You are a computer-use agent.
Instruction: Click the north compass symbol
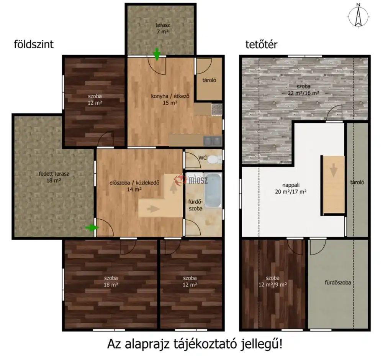pyautogui.click(x=358, y=16)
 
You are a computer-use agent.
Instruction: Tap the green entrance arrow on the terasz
pyautogui.click(x=157, y=54)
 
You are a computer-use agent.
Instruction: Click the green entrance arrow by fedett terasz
pyautogui.click(x=92, y=228)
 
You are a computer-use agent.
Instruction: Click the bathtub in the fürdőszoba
pyautogui.click(x=213, y=191)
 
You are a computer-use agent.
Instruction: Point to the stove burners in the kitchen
pyautogui.click(x=217, y=109)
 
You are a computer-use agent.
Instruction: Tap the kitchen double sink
pyautogui.click(x=213, y=141)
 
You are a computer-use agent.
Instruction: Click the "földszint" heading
pyautogui.click(x=34, y=44)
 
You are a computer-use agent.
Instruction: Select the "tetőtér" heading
pyautogui.click(x=261, y=44)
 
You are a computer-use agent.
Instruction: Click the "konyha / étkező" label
pyautogui.click(x=170, y=96)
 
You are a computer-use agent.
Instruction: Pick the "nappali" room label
pyautogui.click(x=291, y=185)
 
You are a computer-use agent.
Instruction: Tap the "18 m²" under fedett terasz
pyautogui.click(x=54, y=181)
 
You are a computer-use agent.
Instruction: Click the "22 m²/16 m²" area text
pyautogui.click(x=303, y=93)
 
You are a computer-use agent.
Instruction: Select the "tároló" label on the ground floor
pyautogui.click(x=209, y=80)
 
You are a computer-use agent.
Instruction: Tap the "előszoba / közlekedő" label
pyautogui.click(x=134, y=183)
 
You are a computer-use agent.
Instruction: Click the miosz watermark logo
pyautogui.click(x=191, y=180)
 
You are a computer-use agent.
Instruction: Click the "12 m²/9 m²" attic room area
pyautogui.click(x=273, y=285)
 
